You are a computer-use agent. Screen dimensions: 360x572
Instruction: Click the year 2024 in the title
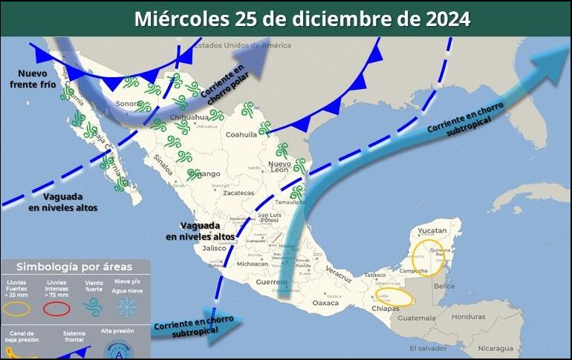pos(448,19)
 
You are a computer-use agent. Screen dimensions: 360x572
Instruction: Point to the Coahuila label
pos(241,134)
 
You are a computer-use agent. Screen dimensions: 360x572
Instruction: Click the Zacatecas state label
pos(238,192)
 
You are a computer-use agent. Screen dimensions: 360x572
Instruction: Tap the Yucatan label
pos(432,231)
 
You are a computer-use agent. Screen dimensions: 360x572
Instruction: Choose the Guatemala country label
pos(416,318)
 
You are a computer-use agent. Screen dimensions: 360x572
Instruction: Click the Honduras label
pos(468,316)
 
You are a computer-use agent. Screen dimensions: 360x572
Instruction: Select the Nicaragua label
pos(495,347)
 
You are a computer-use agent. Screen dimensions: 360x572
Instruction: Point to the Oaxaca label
pos(325,303)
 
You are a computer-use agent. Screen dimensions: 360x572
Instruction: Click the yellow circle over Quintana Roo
pos(429,257)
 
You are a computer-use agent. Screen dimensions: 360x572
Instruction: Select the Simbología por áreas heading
pos(74,266)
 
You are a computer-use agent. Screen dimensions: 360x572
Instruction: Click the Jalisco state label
pos(213,248)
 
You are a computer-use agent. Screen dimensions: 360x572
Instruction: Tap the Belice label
pos(444,286)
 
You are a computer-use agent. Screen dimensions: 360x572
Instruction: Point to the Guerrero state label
pos(270,283)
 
